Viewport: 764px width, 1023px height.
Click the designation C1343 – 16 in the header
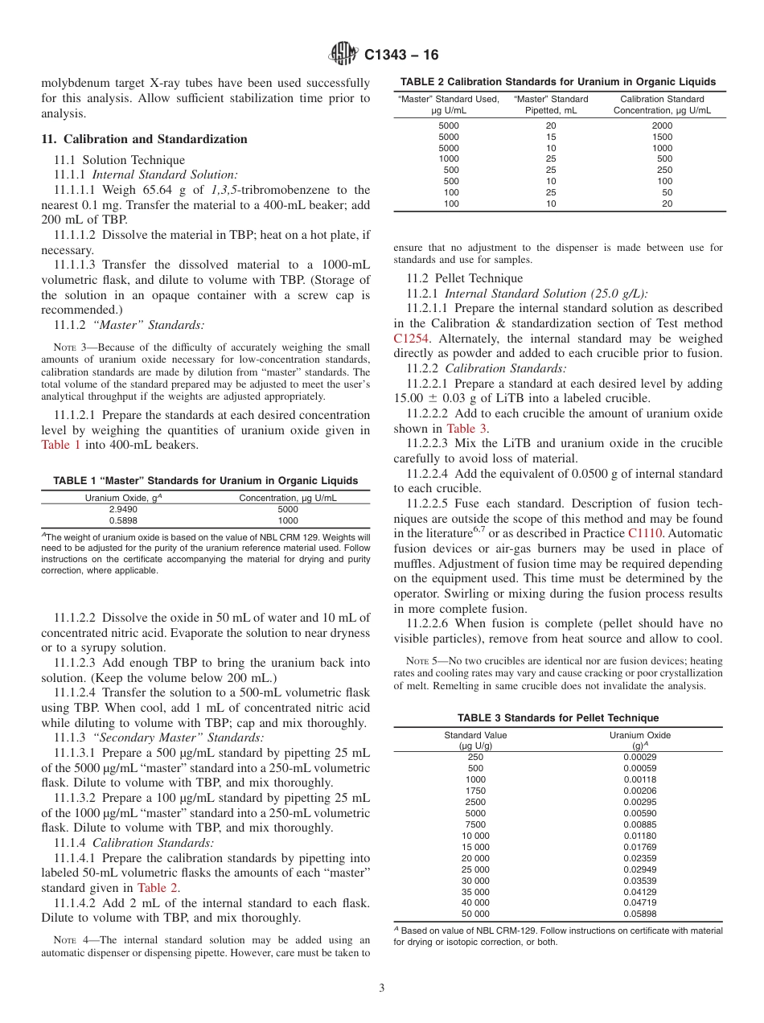pos(401,55)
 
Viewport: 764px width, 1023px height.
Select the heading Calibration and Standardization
pos(144,139)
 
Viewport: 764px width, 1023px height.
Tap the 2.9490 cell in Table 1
pos(124,509)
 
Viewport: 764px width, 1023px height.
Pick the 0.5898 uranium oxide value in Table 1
pos(124,520)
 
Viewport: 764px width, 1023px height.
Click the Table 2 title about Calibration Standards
pos(558,81)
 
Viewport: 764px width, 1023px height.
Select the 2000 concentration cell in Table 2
pos(662,125)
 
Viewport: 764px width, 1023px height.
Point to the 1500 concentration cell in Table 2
pos(662,137)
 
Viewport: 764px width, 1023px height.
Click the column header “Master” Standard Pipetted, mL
pos(550,105)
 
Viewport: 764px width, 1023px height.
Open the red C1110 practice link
pos(647,533)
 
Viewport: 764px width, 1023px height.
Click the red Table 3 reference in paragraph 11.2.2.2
pos(466,429)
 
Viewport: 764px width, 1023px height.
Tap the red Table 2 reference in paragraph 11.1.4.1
pos(158,888)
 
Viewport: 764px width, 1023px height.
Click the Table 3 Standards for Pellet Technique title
pos(557,717)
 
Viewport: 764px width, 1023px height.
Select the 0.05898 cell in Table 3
pos(639,914)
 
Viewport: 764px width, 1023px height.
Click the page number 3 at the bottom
pos(381,988)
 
